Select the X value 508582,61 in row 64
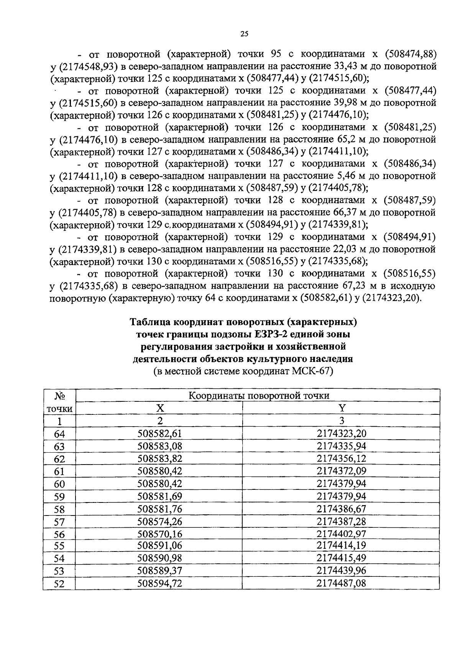[x=159, y=434]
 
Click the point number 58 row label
[x=59, y=509]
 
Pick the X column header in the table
[x=159, y=408]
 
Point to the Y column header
[x=342, y=408]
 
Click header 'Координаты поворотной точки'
[x=259, y=396]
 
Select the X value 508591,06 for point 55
[x=159, y=545]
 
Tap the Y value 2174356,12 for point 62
[x=342, y=458]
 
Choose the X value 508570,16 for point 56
[x=159, y=534]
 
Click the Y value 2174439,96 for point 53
[x=342, y=571]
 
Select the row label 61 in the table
[x=59, y=471]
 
